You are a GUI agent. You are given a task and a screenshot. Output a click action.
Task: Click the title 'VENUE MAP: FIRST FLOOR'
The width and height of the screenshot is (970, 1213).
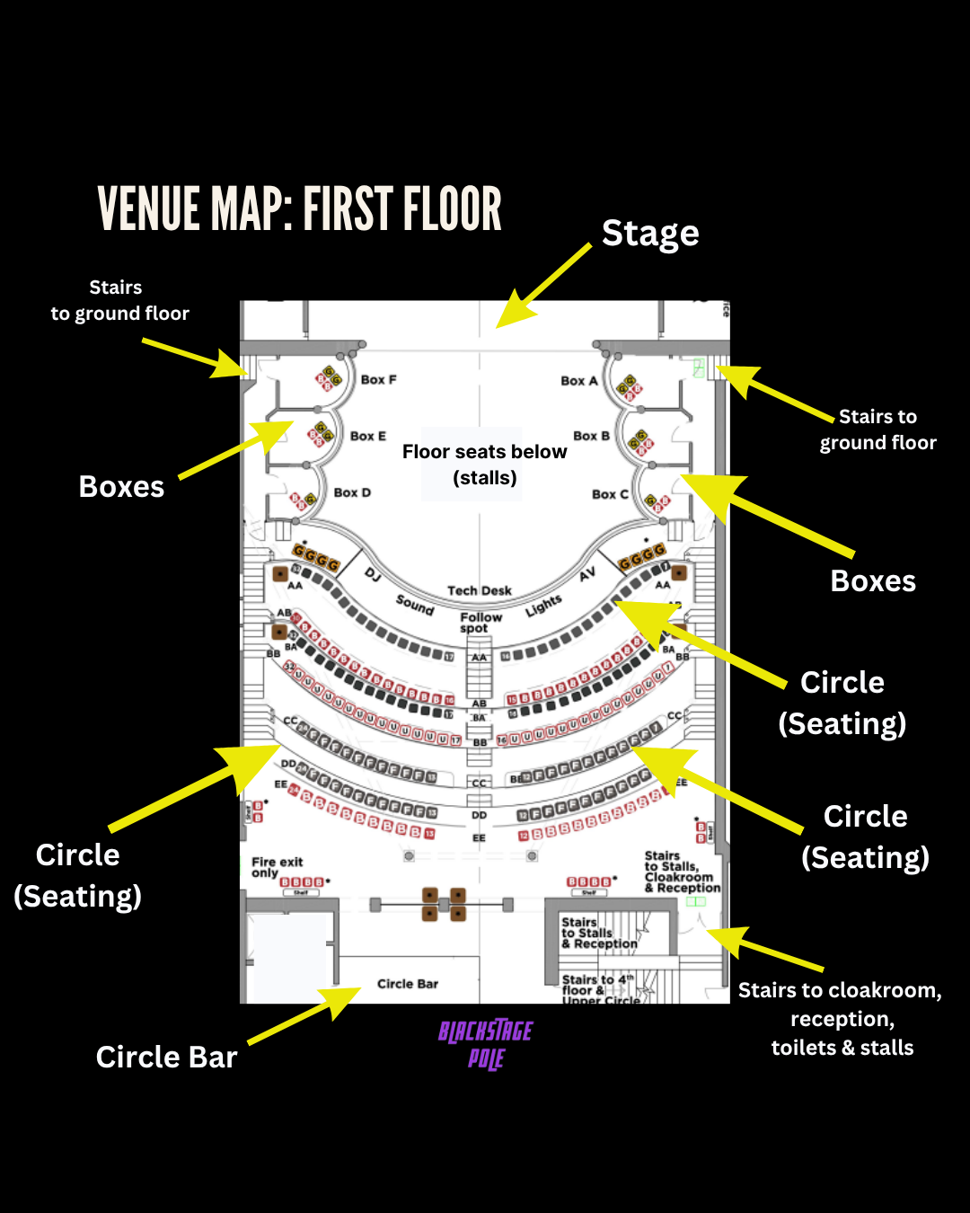(299, 209)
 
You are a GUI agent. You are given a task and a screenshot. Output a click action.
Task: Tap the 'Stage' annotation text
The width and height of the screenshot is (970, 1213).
(650, 234)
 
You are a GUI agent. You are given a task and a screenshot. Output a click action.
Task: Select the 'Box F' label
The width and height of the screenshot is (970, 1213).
(378, 380)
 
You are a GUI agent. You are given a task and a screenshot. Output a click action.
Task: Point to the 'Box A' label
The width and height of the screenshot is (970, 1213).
(578, 381)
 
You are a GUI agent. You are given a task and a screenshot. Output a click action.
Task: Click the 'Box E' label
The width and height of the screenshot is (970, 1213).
(367, 436)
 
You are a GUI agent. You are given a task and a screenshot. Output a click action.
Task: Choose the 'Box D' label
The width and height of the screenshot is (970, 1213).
(352, 492)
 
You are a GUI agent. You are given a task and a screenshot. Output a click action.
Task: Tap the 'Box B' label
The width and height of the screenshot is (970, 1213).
(591, 436)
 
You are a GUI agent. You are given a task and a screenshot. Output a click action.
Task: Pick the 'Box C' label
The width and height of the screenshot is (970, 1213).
(610, 494)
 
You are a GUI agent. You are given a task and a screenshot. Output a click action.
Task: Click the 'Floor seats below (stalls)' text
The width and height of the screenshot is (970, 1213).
(484, 465)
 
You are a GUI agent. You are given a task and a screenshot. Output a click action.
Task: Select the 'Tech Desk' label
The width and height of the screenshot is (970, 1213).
(480, 590)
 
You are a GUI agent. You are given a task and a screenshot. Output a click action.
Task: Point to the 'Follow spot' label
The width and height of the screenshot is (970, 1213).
(481, 622)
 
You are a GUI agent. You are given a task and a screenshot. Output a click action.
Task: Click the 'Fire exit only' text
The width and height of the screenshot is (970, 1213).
(277, 867)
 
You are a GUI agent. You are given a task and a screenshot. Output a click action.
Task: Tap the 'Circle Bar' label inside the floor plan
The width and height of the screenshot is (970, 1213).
(408, 984)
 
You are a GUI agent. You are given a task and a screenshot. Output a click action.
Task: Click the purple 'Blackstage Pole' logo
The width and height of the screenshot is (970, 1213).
(486, 1044)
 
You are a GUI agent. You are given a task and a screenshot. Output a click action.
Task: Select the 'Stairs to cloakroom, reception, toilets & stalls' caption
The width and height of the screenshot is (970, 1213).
(841, 1019)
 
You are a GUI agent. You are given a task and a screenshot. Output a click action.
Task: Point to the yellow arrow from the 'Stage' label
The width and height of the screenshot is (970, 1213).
(543, 286)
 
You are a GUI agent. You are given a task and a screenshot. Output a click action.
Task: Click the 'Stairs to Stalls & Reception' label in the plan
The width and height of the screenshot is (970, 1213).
(599, 933)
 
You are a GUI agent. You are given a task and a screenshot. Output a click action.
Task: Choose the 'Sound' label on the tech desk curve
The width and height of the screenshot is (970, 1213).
(415, 605)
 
